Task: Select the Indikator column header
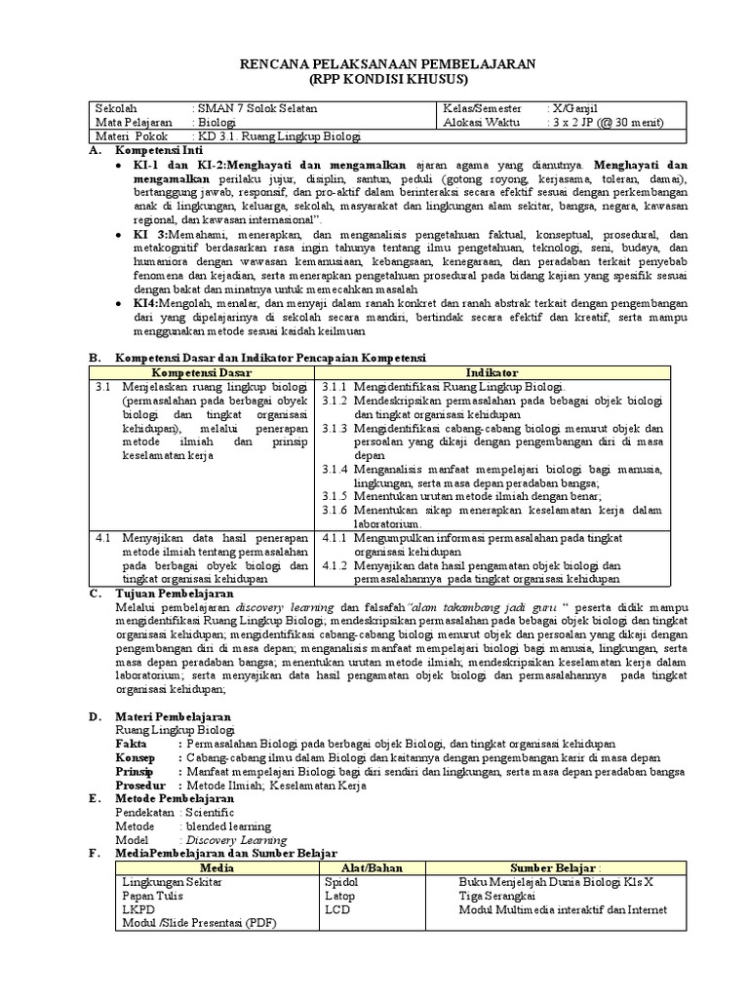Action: pyautogui.click(x=493, y=373)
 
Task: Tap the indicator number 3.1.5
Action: pyautogui.click(x=335, y=496)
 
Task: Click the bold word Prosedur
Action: pyautogui.click(x=141, y=785)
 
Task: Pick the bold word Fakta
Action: pyautogui.click(x=131, y=744)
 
